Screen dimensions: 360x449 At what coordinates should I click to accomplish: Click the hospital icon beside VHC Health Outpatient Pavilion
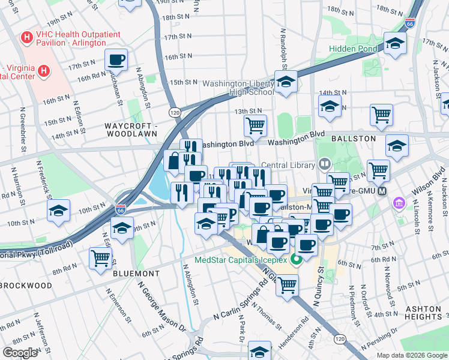point(26,38)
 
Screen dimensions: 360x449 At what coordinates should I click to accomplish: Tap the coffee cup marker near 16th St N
point(116,59)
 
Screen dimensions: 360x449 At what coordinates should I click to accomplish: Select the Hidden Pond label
point(353,49)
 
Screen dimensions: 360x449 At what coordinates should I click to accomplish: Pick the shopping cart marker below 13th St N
point(255,125)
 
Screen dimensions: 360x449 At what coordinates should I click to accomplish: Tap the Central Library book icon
point(324,163)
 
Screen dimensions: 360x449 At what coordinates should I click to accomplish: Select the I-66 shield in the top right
point(410,24)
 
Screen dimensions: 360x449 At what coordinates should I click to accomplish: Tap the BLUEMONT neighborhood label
point(136,273)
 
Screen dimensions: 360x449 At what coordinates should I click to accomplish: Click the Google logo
point(20,353)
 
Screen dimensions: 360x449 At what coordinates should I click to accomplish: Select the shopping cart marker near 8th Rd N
point(100,259)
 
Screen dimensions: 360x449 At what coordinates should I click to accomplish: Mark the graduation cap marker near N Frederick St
point(58,211)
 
